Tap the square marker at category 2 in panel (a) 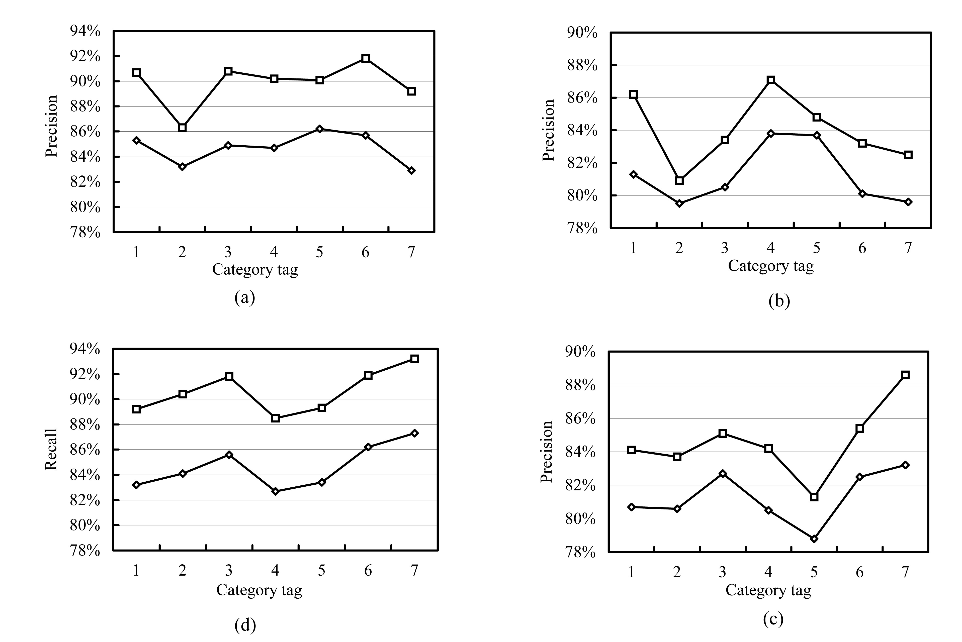pos(182,128)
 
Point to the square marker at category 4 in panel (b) pos(771,80)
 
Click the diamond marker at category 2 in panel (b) pos(679,203)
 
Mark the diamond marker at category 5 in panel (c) pos(814,539)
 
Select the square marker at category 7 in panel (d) pos(414,359)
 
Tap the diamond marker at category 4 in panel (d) pos(275,491)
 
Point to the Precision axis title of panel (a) pos(51,126)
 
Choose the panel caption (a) pos(245,297)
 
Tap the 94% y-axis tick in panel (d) pos(85,349)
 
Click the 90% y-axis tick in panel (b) pos(582,32)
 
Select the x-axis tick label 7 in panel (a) pos(411,252)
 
